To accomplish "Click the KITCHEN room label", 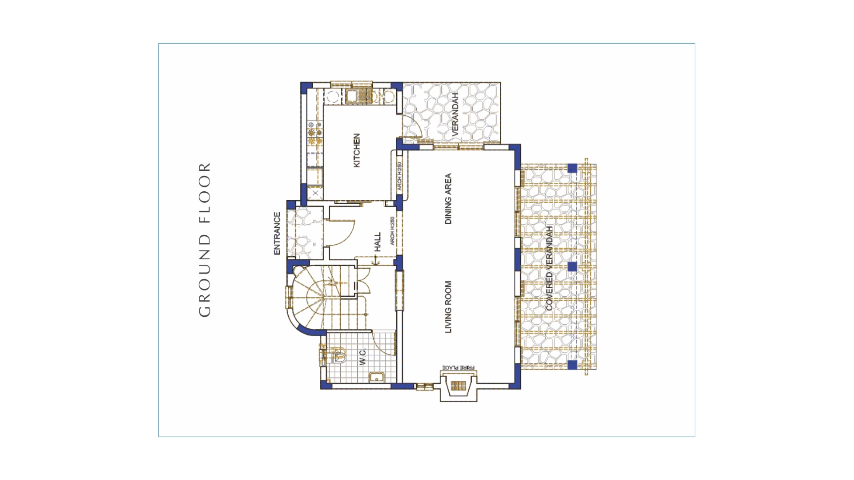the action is point(356,150).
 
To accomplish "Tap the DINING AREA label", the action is point(448,198).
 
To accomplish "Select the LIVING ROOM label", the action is point(448,307).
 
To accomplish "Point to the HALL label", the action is point(378,242).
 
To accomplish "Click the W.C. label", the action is point(362,357).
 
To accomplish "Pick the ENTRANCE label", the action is point(277,234).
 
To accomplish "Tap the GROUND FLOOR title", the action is point(204,240).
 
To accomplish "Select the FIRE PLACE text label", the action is point(459,368).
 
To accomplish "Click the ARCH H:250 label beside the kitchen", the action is point(399,176).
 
